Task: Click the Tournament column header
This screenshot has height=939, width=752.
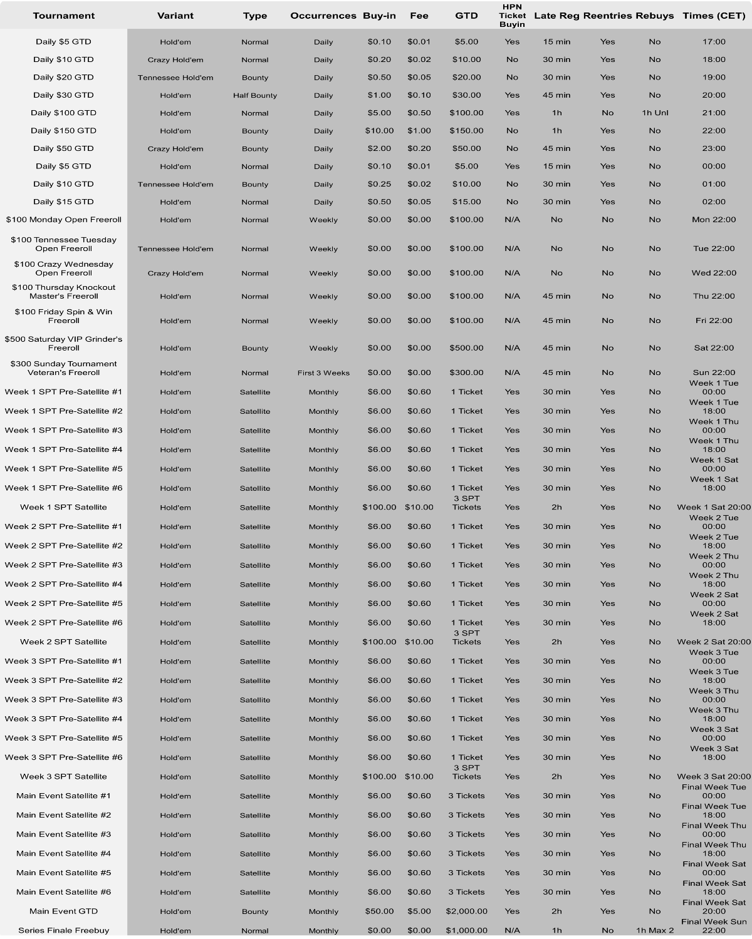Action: [x=63, y=16]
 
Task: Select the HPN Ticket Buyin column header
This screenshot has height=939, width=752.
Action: [x=512, y=16]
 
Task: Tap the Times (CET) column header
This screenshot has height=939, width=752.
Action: [x=714, y=16]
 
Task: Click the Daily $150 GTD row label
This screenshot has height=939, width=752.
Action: [x=63, y=131]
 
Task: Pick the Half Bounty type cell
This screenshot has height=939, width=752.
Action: [x=255, y=96]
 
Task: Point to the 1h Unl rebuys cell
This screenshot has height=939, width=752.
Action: [x=655, y=113]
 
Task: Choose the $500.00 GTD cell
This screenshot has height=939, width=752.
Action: [x=466, y=348]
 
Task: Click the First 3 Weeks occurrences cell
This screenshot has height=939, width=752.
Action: [x=323, y=373]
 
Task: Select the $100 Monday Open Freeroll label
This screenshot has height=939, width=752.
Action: [x=63, y=220]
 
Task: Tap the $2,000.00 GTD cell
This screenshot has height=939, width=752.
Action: [x=466, y=911]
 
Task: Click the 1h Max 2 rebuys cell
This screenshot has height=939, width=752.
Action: [x=655, y=930]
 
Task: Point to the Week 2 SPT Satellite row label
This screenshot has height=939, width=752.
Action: [x=63, y=642]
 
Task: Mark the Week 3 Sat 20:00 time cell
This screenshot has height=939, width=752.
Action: [x=714, y=777]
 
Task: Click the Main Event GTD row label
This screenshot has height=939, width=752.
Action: [x=63, y=911]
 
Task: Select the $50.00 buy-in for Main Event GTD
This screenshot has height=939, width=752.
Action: [x=379, y=911]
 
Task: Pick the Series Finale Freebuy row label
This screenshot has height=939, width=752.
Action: [x=63, y=930]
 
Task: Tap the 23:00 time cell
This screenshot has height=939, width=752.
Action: [x=714, y=148]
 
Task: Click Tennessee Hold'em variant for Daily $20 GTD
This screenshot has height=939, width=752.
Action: [x=175, y=78]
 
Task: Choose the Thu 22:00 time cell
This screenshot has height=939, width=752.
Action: [x=714, y=296]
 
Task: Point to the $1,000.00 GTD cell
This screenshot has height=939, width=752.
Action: [x=466, y=930]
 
